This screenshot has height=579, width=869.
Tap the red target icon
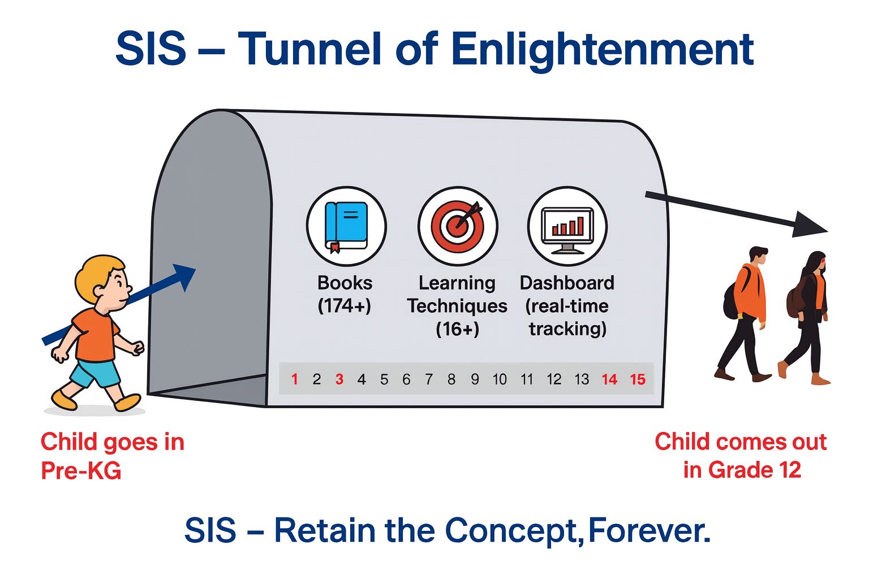click(457, 226)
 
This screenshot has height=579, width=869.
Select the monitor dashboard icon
click(567, 230)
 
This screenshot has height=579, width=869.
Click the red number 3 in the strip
click(339, 379)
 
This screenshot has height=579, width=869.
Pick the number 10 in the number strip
click(500, 379)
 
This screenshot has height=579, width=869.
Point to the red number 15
click(638, 379)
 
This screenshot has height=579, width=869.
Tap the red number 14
click(609, 379)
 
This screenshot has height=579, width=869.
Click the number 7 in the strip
click(429, 379)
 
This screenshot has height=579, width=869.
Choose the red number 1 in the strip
click(294, 379)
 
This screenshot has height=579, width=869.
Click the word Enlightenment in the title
click(603, 50)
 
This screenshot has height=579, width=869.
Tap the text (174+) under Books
click(345, 305)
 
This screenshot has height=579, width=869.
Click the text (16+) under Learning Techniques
click(457, 329)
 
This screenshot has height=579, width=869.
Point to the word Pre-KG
click(81, 470)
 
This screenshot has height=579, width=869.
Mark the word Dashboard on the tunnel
click(567, 283)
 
